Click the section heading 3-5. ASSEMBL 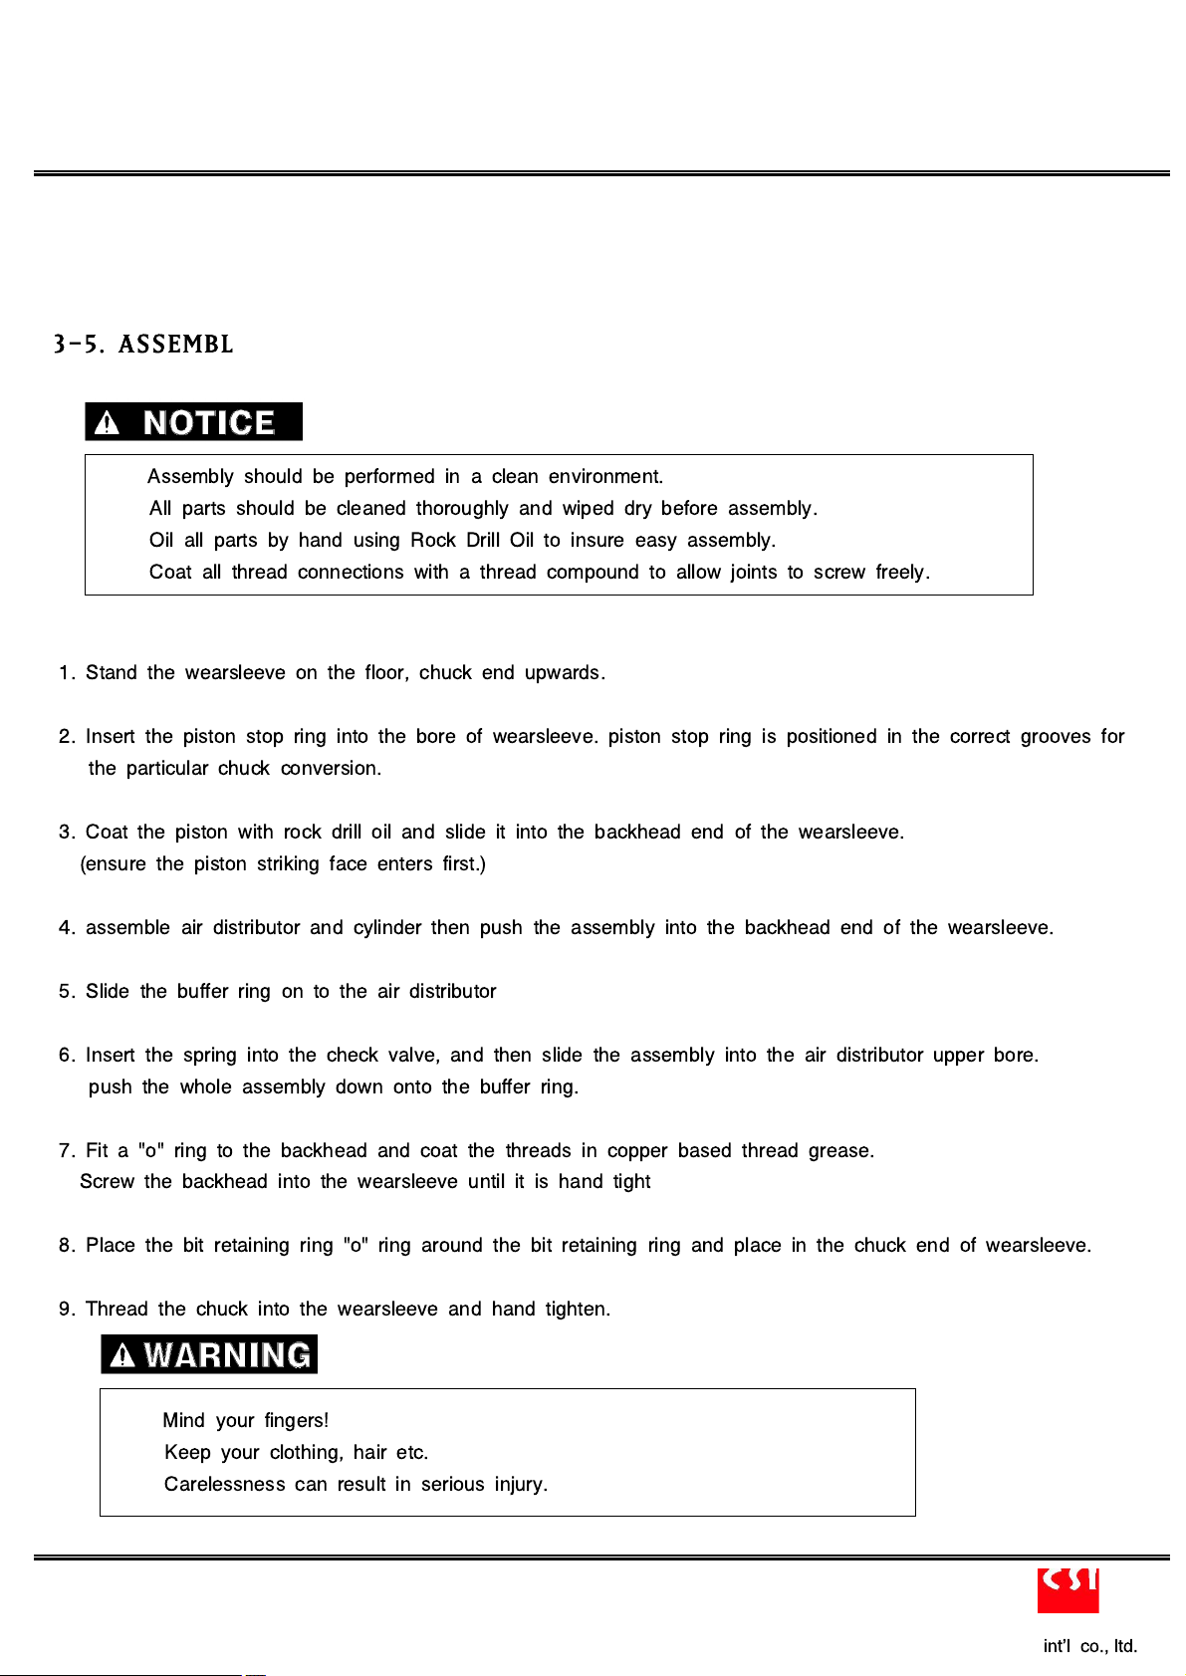tap(143, 345)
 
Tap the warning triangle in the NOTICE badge tap(107, 423)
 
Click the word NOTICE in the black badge tap(209, 423)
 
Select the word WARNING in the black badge tap(227, 1355)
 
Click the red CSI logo tap(1067, 1589)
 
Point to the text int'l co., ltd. tap(1089, 1646)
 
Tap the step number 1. tap(65, 673)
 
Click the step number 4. tap(65, 928)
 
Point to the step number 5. tap(65, 992)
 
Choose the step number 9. tap(65, 1310)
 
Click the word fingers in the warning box tap(296, 1421)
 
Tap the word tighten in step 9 tap(577, 1310)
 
